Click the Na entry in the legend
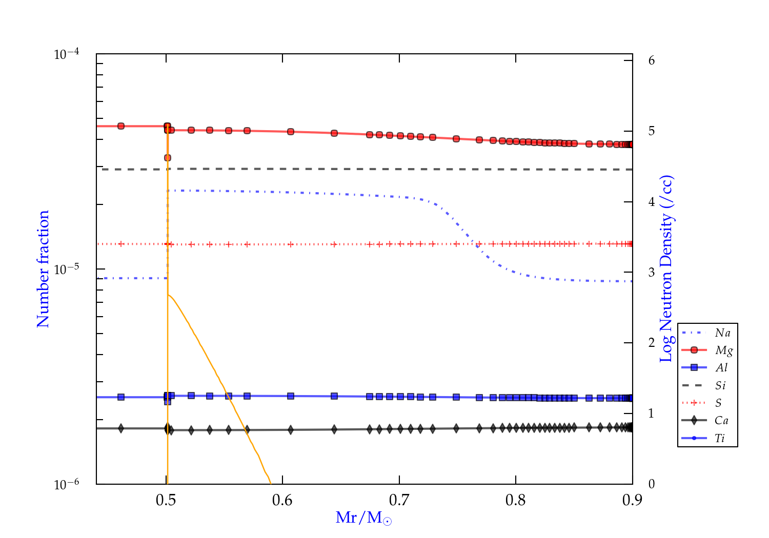click(722, 333)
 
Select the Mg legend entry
click(723, 350)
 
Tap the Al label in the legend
click(721, 368)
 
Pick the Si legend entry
click(720, 385)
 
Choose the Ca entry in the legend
click(721, 421)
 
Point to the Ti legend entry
click(720, 438)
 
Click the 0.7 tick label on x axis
click(399, 500)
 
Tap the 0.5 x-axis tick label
click(166, 500)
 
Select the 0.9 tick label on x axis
click(632, 500)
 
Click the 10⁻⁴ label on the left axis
click(67, 54)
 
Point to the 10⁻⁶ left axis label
click(67, 484)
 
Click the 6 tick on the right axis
click(652, 60)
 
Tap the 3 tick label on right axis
click(652, 272)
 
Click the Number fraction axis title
click(43, 269)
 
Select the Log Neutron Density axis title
click(666, 269)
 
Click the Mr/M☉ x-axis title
click(363, 518)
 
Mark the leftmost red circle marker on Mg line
click(121, 126)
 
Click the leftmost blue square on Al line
click(121, 397)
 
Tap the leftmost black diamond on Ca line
click(121, 428)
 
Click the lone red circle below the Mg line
click(168, 158)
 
